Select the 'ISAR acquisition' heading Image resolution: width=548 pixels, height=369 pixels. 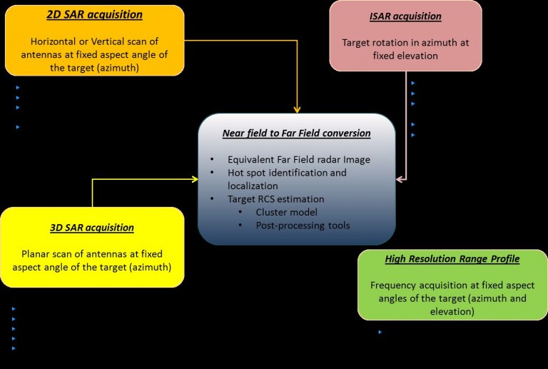[x=405, y=16]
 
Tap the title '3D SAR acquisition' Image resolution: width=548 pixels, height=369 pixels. [x=92, y=228]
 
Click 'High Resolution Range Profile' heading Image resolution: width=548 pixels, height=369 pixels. [x=452, y=258]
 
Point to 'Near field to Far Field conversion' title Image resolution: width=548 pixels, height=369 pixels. [x=296, y=133]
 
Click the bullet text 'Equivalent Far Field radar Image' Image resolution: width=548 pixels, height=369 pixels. [x=299, y=160]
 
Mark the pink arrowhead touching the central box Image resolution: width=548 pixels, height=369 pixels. [x=400, y=179]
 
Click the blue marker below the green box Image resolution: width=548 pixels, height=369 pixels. [x=380, y=333]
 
